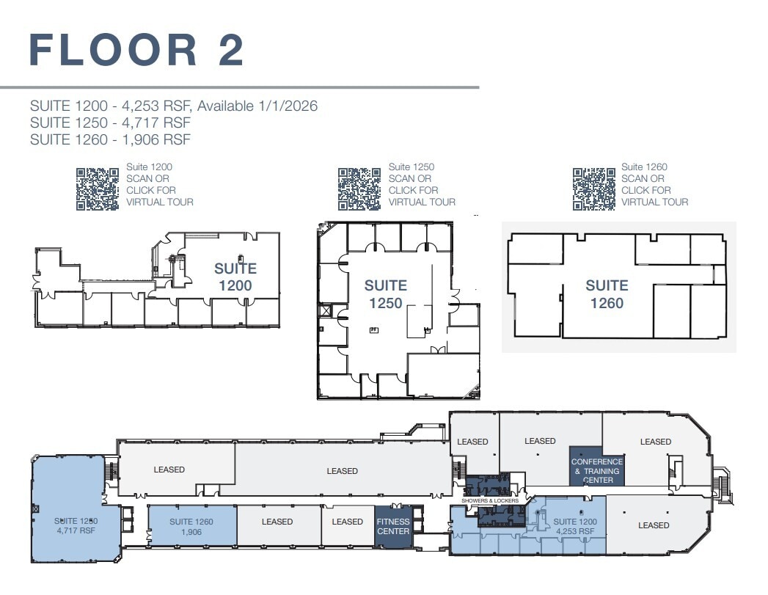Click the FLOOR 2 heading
[x=136, y=50]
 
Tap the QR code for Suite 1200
[x=98, y=189]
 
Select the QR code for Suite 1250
[x=359, y=189]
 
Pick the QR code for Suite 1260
[x=594, y=189]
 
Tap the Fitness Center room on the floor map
[x=393, y=527]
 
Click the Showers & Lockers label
[x=490, y=501]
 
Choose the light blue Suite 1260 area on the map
[x=192, y=526]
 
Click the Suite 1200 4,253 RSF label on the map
[x=577, y=525]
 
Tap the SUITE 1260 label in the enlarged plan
[x=607, y=294]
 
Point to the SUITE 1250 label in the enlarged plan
[x=385, y=294]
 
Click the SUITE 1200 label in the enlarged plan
[x=235, y=277]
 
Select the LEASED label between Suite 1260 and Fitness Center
[x=277, y=522]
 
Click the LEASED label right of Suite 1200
[x=653, y=525]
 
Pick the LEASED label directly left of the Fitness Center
[x=347, y=522]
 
